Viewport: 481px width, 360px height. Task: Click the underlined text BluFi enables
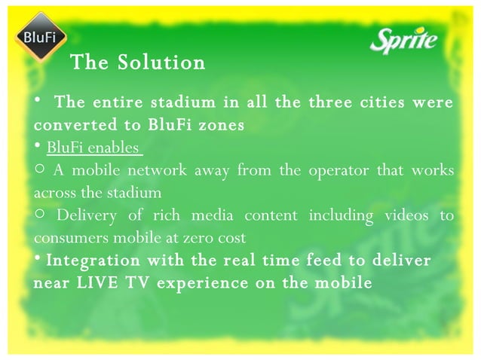pyautogui.click(x=93, y=147)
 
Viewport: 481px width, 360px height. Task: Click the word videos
pyautogui.click(x=406, y=216)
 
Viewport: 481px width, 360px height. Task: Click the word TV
pyautogui.click(x=133, y=284)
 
